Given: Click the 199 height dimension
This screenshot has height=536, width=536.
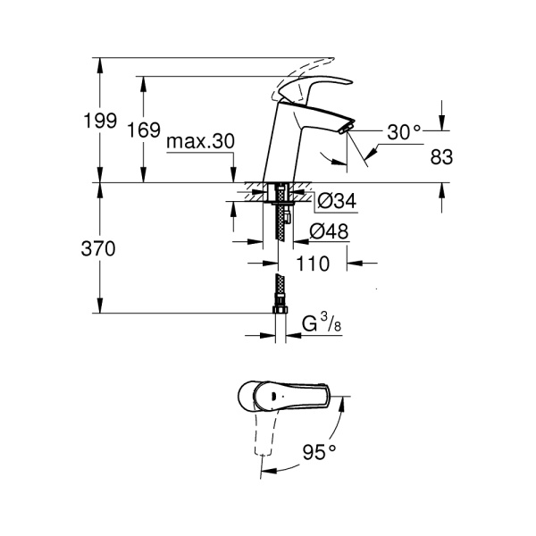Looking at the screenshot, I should [105, 121].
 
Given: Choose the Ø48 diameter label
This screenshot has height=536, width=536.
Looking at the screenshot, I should [328, 232].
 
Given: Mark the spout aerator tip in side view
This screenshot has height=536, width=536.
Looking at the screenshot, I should [343, 130].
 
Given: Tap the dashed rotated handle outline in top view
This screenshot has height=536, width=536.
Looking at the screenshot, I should [261, 438].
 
